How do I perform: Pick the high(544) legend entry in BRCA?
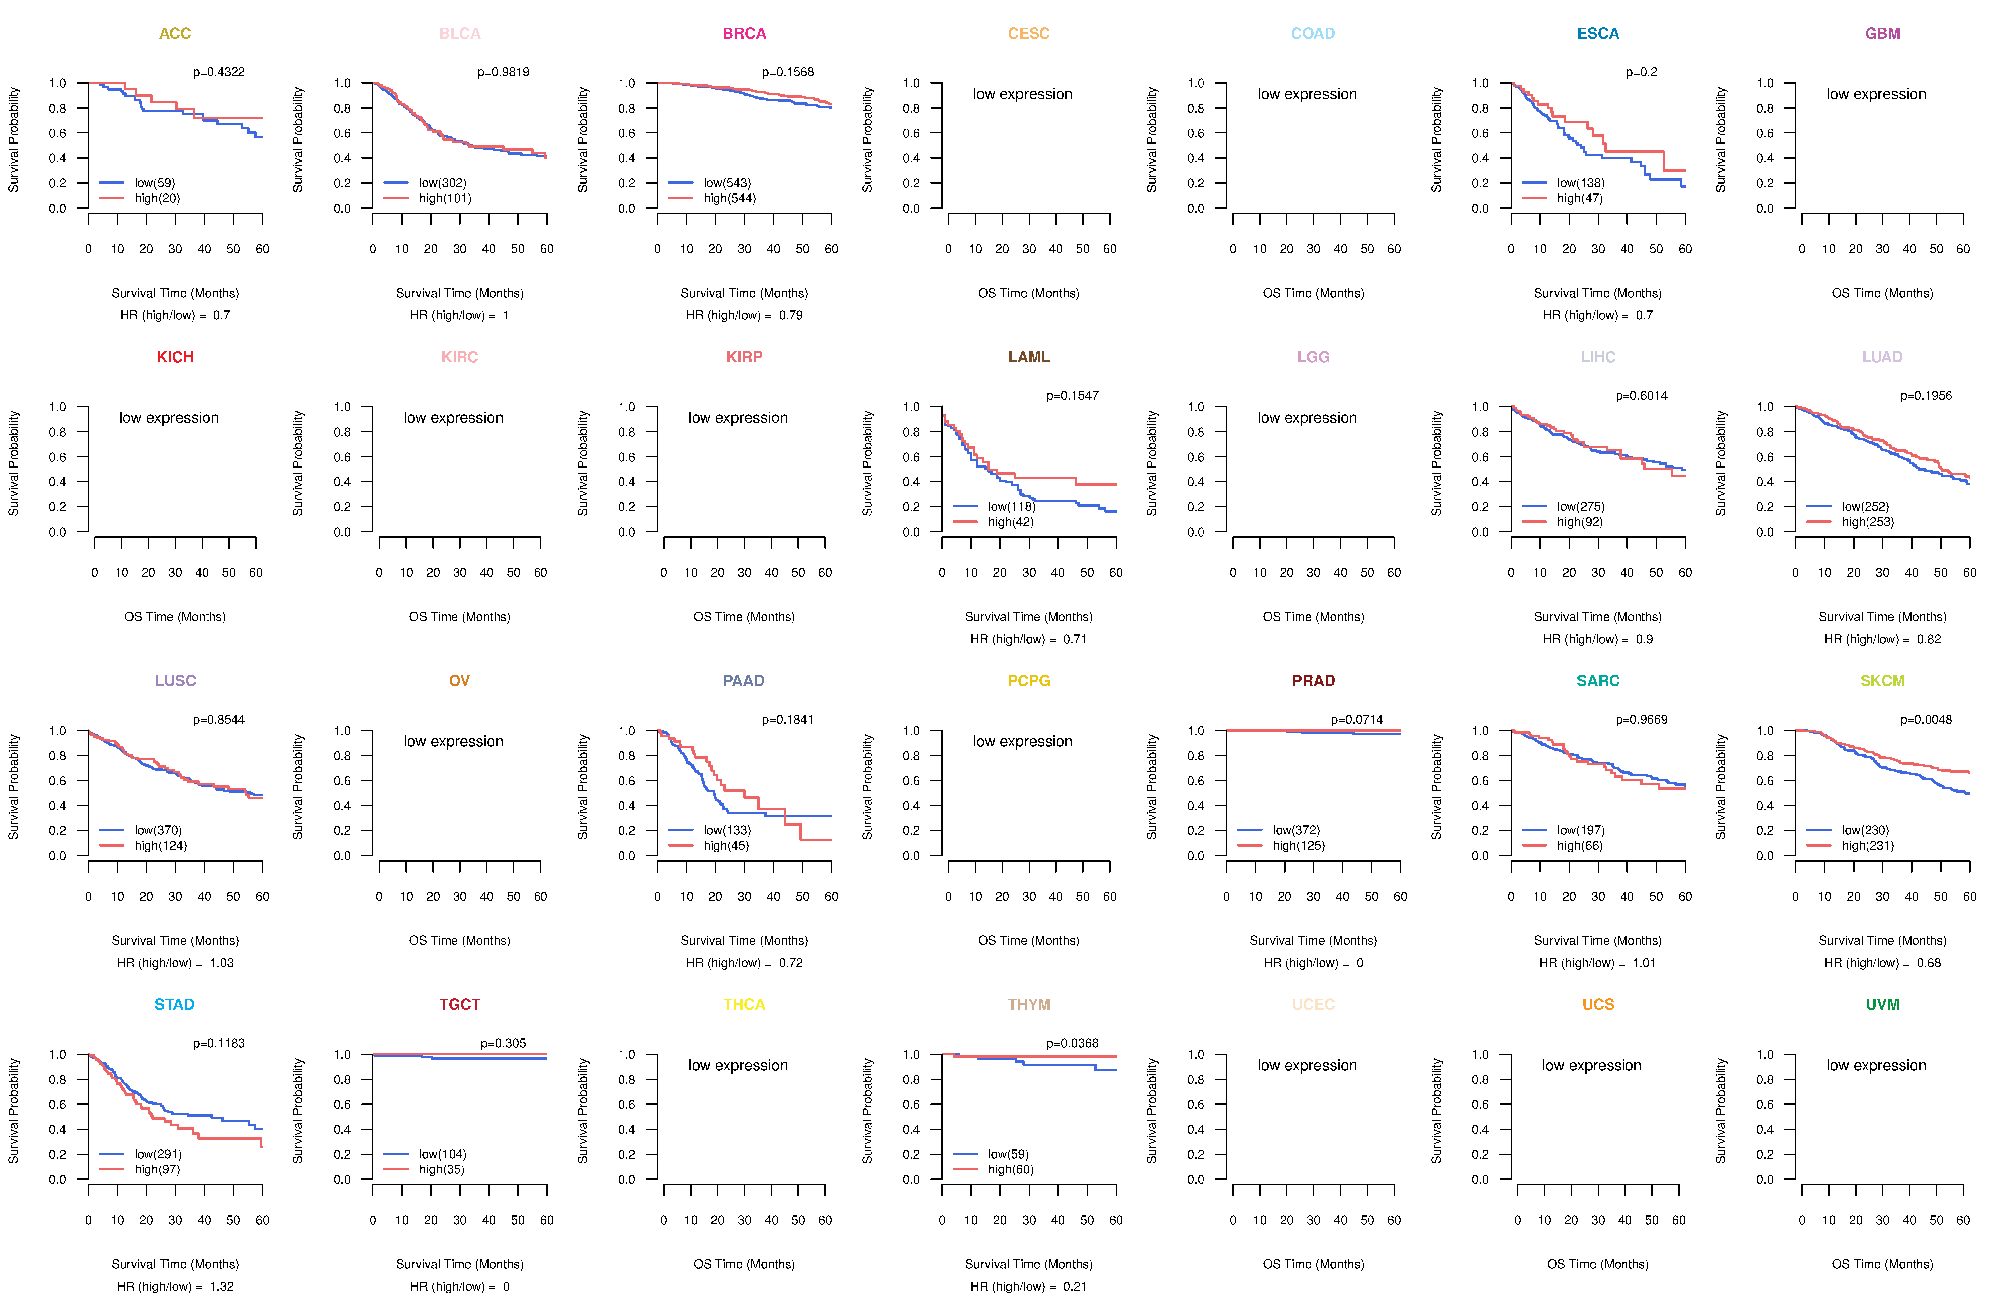tap(729, 198)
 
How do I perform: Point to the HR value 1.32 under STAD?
tap(222, 1287)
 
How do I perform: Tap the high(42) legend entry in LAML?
tap(1010, 522)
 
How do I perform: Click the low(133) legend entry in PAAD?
tap(726, 830)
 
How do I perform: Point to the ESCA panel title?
tap(1598, 34)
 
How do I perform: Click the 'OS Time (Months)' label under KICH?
tap(175, 617)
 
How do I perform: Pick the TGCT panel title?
tap(459, 1004)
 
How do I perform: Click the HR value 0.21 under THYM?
tap(1075, 1287)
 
